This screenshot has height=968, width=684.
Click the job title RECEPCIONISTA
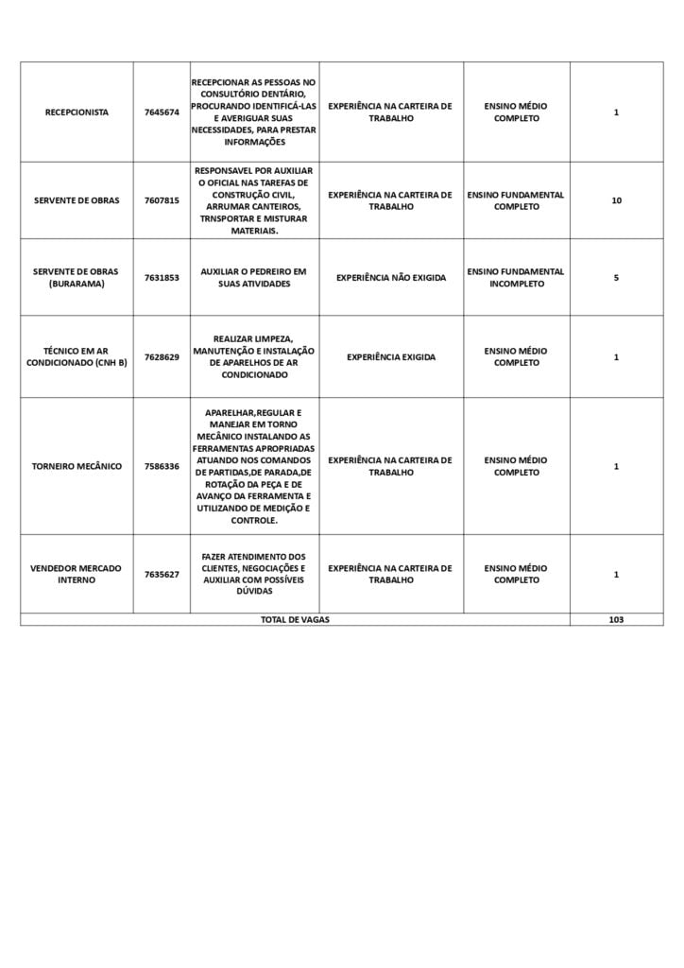click(x=77, y=112)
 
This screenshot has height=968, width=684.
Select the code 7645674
click(x=162, y=112)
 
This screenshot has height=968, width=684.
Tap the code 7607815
click(x=162, y=200)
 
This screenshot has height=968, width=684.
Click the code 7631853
click(x=162, y=278)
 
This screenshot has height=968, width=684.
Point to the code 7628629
click(x=162, y=357)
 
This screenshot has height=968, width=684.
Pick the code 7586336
click(x=162, y=466)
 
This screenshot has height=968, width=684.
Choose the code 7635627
click(x=162, y=574)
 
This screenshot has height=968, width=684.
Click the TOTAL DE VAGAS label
click(x=295, y=619)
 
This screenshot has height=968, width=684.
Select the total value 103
click(x=616, y=619)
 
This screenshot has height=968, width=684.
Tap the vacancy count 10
click(x=616, y=200)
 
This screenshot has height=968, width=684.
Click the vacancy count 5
click(x=616, y=278)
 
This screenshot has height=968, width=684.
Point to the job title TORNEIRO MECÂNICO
click(x=77, y=466)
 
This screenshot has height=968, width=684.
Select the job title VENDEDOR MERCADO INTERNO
click(x=77, y=574)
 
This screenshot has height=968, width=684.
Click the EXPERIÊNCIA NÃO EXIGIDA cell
click(x=390, y=278)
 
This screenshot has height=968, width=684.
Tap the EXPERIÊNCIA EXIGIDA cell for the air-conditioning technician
click(x=390, y=357)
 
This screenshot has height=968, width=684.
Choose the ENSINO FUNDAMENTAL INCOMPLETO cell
click(x=516, y=278)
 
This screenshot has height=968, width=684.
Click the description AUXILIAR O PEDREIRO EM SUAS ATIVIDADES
click(x=253, y=278)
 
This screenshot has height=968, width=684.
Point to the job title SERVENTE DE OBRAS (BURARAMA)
click(x=77, y=278)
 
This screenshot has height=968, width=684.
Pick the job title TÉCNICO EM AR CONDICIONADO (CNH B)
click(x=77, y=356)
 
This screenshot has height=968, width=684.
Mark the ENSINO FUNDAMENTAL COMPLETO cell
click(x=516, y=200)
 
